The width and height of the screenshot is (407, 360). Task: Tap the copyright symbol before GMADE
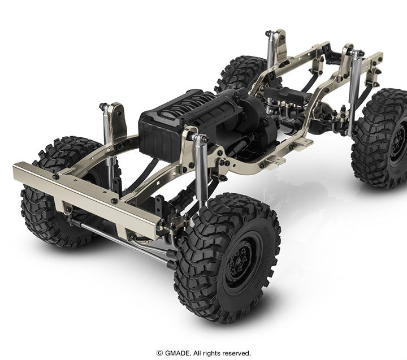pyautogui.click(x=159, y=353)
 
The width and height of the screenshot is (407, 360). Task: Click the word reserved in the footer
pyautogui.click(x=236, y=353)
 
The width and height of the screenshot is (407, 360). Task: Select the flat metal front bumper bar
pyautogui.click(x=86, y=200)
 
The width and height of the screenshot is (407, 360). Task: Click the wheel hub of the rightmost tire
pyautogui.click(x=399, y=142)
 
